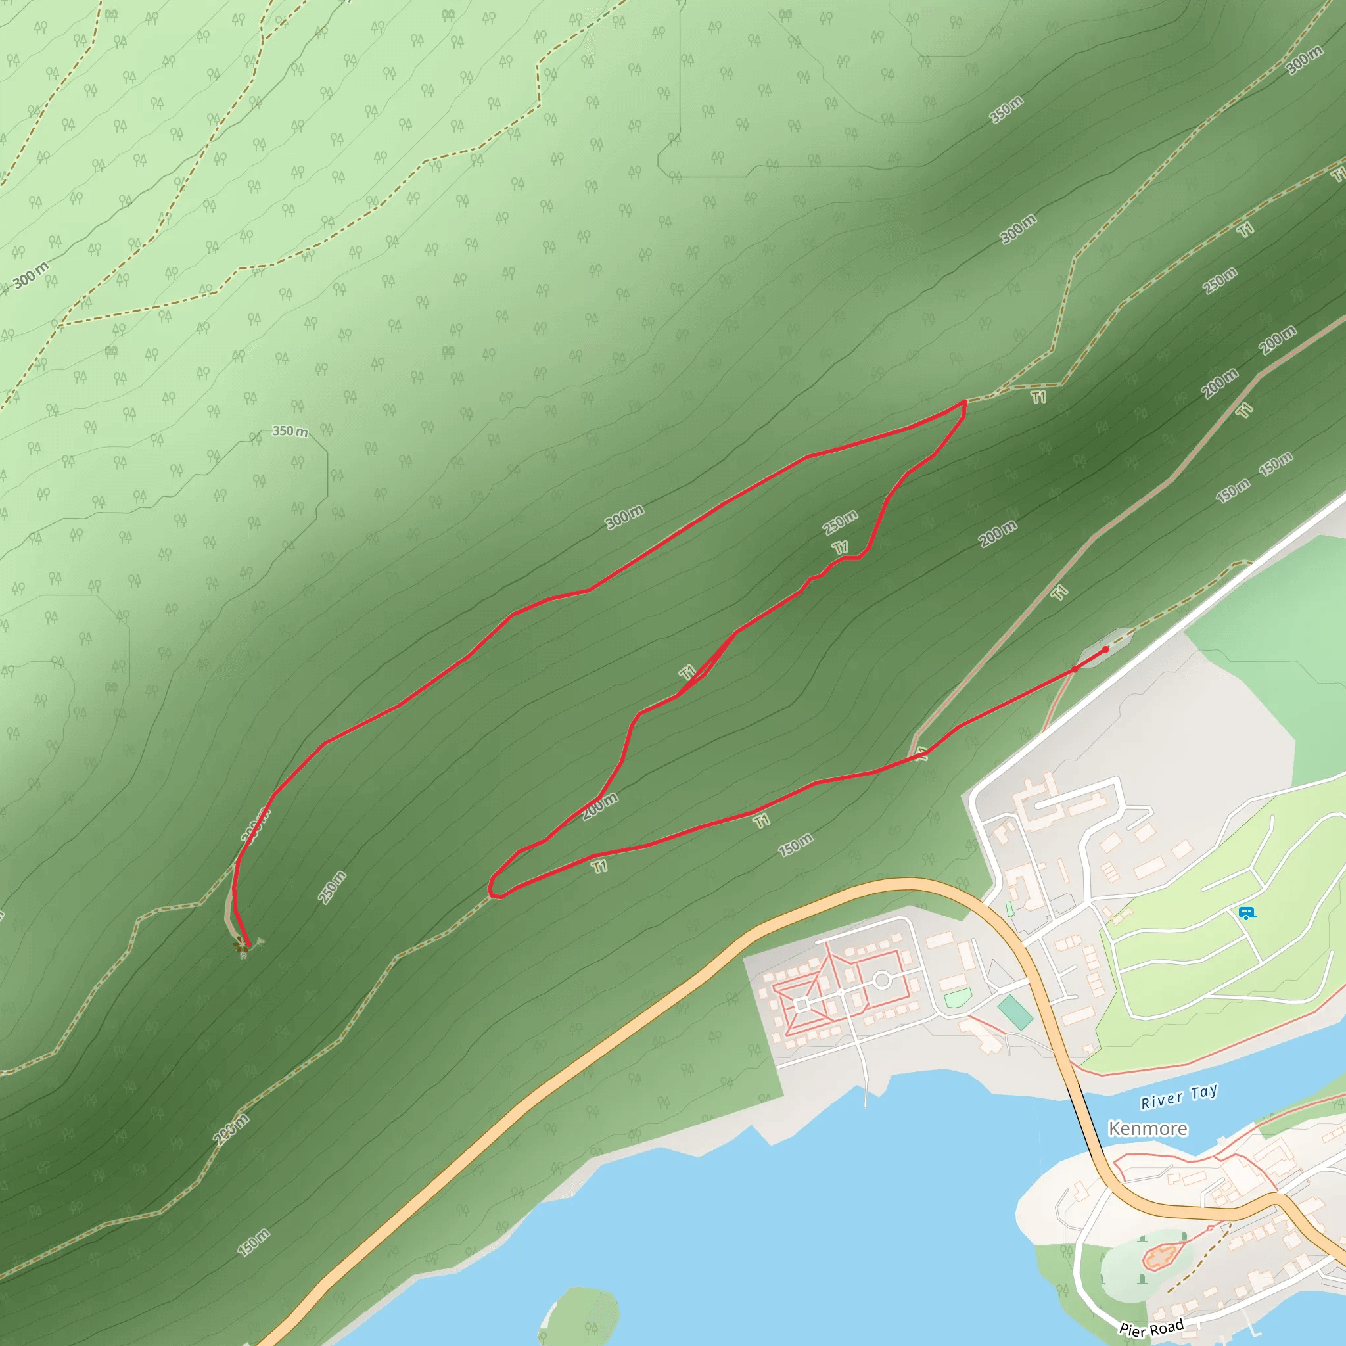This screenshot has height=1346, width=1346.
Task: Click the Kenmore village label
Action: click(1148, 1128)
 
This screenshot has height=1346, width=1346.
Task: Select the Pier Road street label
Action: click(1151, 1328)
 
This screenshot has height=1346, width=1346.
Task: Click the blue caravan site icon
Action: click(1246, 913)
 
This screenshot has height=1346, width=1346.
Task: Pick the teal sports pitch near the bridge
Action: click(1015, 1012)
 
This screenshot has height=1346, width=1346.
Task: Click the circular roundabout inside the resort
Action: click(882, 980)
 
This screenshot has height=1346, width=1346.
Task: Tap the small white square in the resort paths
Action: click(801, 1006)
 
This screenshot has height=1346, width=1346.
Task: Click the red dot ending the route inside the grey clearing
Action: click(1105, 649)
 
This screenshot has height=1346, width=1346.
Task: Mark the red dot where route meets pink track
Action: click(1075, 669)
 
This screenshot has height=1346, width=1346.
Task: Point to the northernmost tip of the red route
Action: click(964, 402)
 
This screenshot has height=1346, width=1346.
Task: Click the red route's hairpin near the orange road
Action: click(492, 892)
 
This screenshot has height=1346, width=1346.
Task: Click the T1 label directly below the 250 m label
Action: click(841, 547)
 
